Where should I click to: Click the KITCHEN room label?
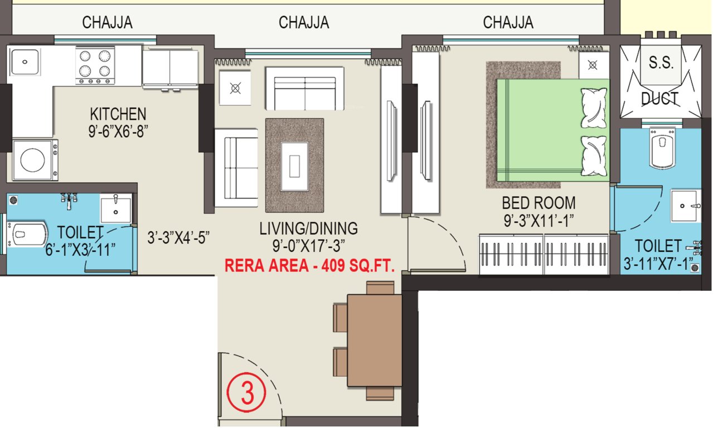118,114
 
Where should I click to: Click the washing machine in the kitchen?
33,160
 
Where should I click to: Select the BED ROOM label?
538,203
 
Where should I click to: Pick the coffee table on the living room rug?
295,166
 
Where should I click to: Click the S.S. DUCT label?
661,81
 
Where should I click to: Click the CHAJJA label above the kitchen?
107,22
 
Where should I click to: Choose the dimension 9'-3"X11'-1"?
538,221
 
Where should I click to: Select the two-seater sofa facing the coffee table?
304,89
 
